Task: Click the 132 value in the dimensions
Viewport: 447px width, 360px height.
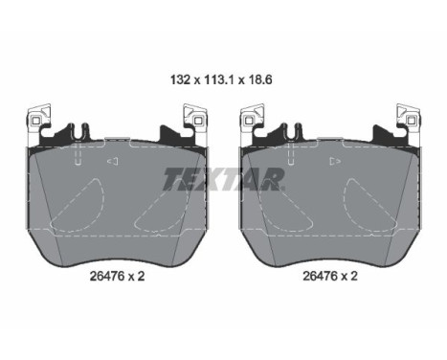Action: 181,79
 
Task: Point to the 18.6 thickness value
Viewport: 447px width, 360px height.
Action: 260,79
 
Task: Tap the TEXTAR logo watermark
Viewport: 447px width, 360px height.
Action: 224,179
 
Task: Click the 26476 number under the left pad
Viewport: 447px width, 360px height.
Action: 107,276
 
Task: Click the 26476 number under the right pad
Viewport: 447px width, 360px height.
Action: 320,276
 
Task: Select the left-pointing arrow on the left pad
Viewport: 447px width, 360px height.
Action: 113,161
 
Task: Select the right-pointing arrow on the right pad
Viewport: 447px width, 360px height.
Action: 335,161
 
